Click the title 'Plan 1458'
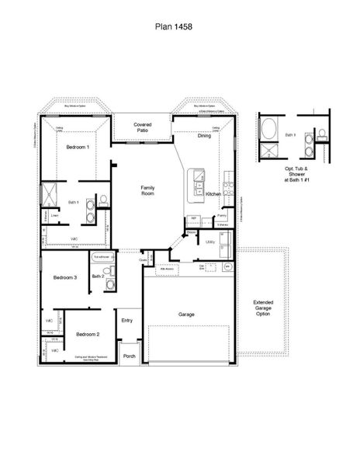[x=179, y=26]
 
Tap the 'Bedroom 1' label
[x=78, y=147]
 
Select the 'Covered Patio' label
[x=142, y=127]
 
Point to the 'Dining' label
[x=204, y=136]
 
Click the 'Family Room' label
[x=147, y=191]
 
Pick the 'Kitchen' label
[x=215, y=193]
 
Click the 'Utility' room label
[x=209, y=242]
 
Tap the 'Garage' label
[x=186, y=315]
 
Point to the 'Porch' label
[x=130, y=356]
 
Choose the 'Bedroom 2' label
[x=88, y=334]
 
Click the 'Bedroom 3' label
[x=64, y=277]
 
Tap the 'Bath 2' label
[x=98, y=276]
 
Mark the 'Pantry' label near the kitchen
[x=221, y=214]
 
